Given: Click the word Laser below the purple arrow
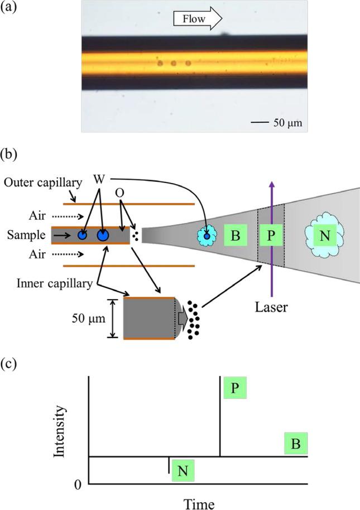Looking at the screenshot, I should coord(271,306).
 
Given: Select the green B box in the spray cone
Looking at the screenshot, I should coord(236,236).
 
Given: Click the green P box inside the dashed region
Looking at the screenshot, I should coord(271,236).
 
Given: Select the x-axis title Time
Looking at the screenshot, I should coord(199,503).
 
